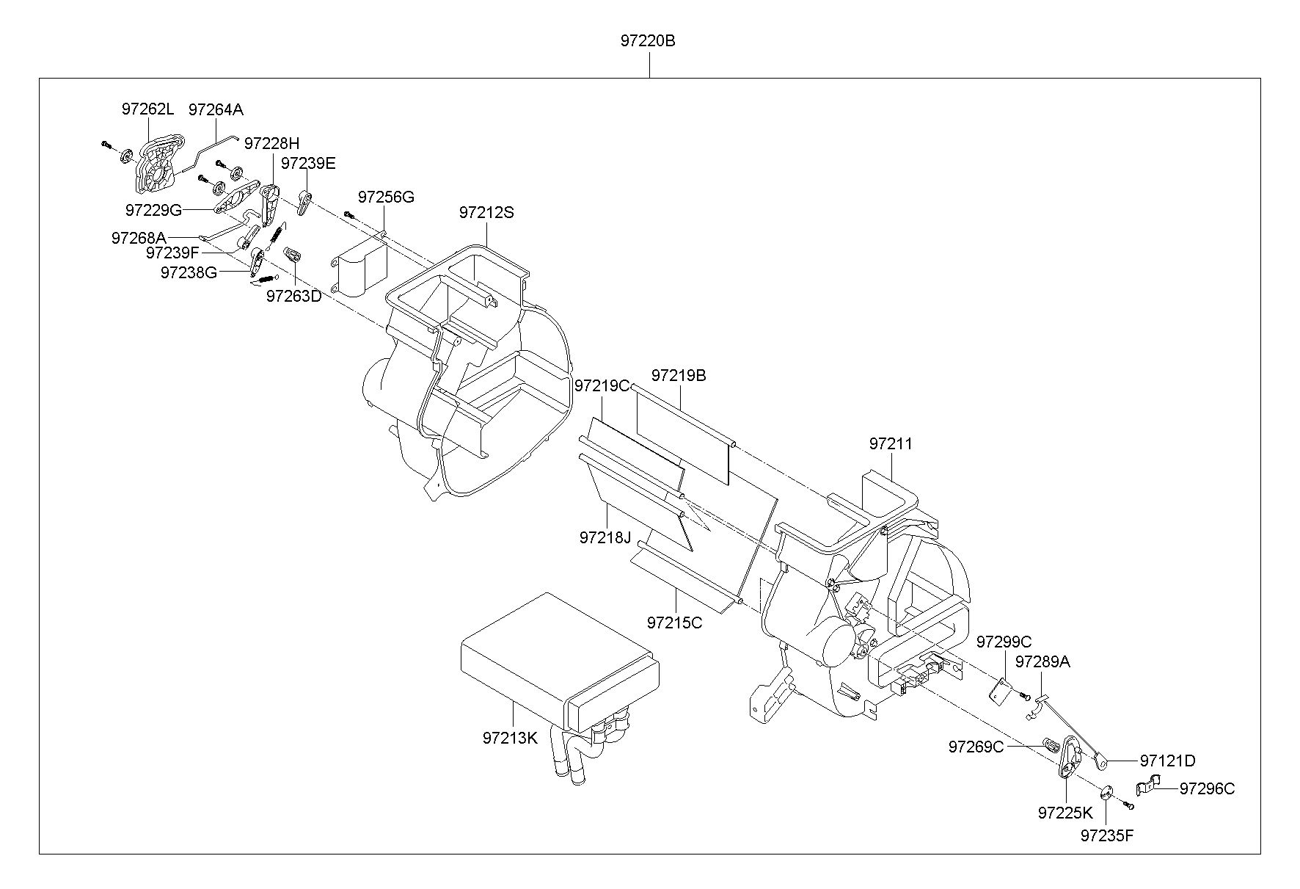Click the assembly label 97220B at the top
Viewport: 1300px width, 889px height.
[x=648, y=41]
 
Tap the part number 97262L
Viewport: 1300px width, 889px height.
[x=147, y=109]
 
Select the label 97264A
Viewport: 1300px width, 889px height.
[x=216, y=109]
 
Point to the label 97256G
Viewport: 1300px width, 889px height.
[x=386, y=197]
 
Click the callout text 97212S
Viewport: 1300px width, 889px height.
[x=486, y=213]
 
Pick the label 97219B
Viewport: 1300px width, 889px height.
[x=679, y=375]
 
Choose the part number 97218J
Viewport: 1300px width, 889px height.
[x=605, y=537]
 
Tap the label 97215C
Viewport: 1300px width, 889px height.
[x=674, y=623]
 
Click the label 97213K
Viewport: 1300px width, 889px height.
[x=510, y=739]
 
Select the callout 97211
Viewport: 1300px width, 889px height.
[x=891, y=444]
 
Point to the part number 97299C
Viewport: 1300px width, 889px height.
[x=1004, y=642]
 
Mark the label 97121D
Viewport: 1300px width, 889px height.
[x=1167, y=761]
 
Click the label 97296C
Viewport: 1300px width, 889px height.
[x=1207, y=788]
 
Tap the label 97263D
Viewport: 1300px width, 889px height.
[x=293, y=296]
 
